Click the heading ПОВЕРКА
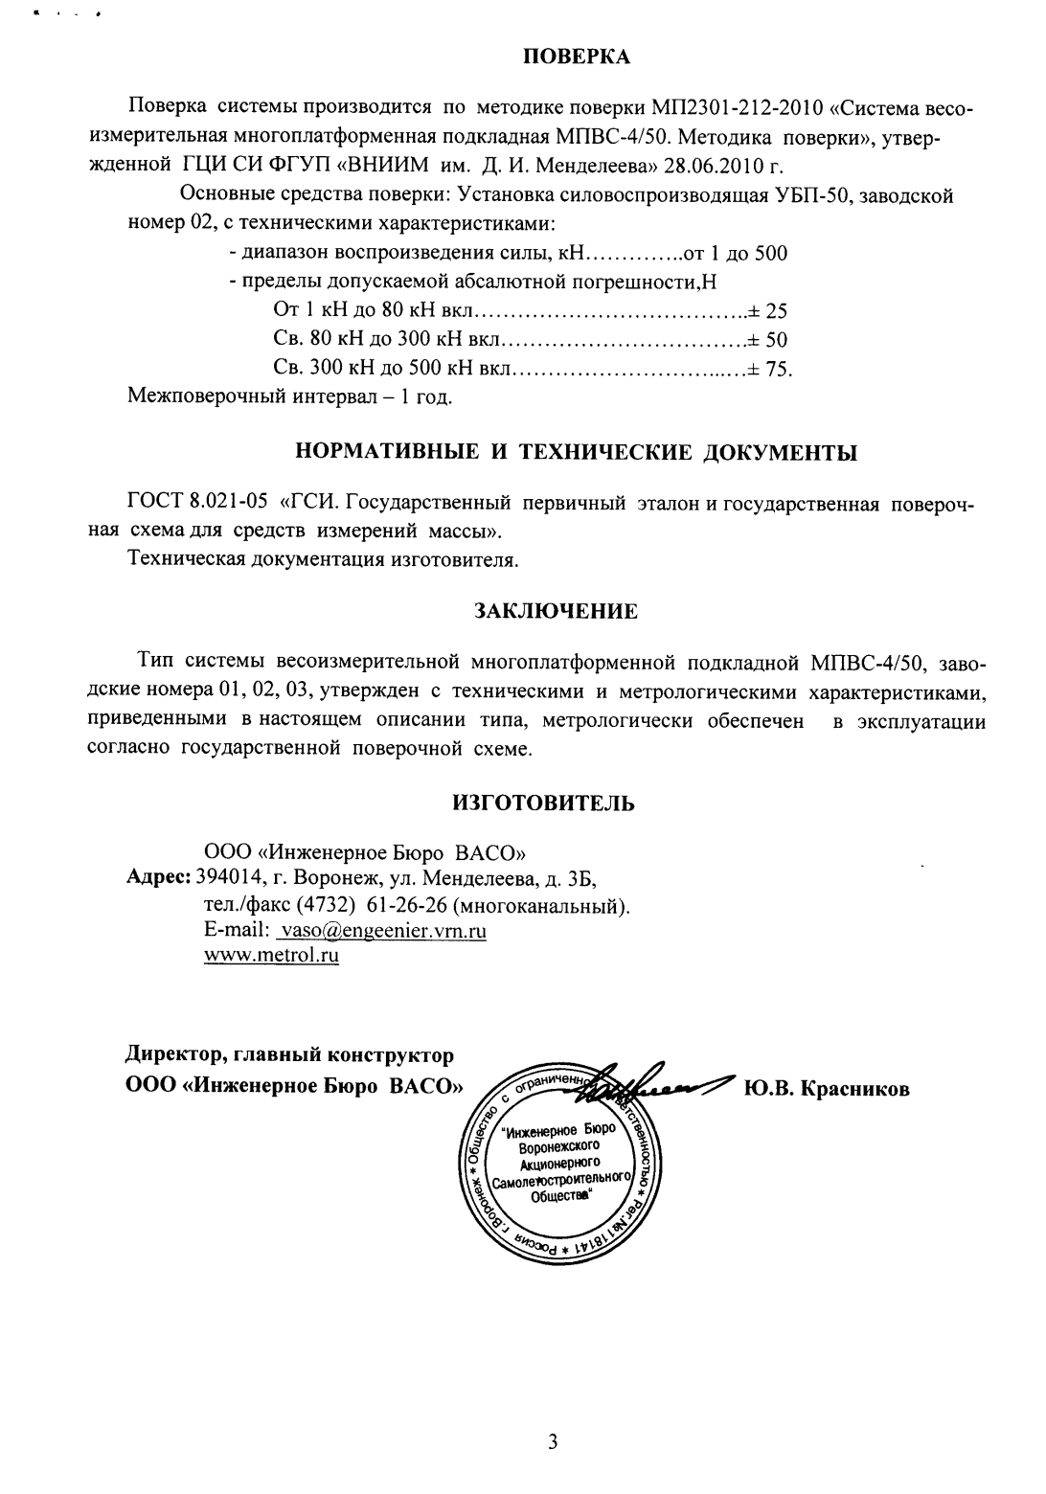point(576,57)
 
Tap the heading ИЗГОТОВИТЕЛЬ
point(543,803)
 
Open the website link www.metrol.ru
point(272,956)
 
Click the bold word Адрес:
point(159,877)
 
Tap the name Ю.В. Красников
point(826,1090)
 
